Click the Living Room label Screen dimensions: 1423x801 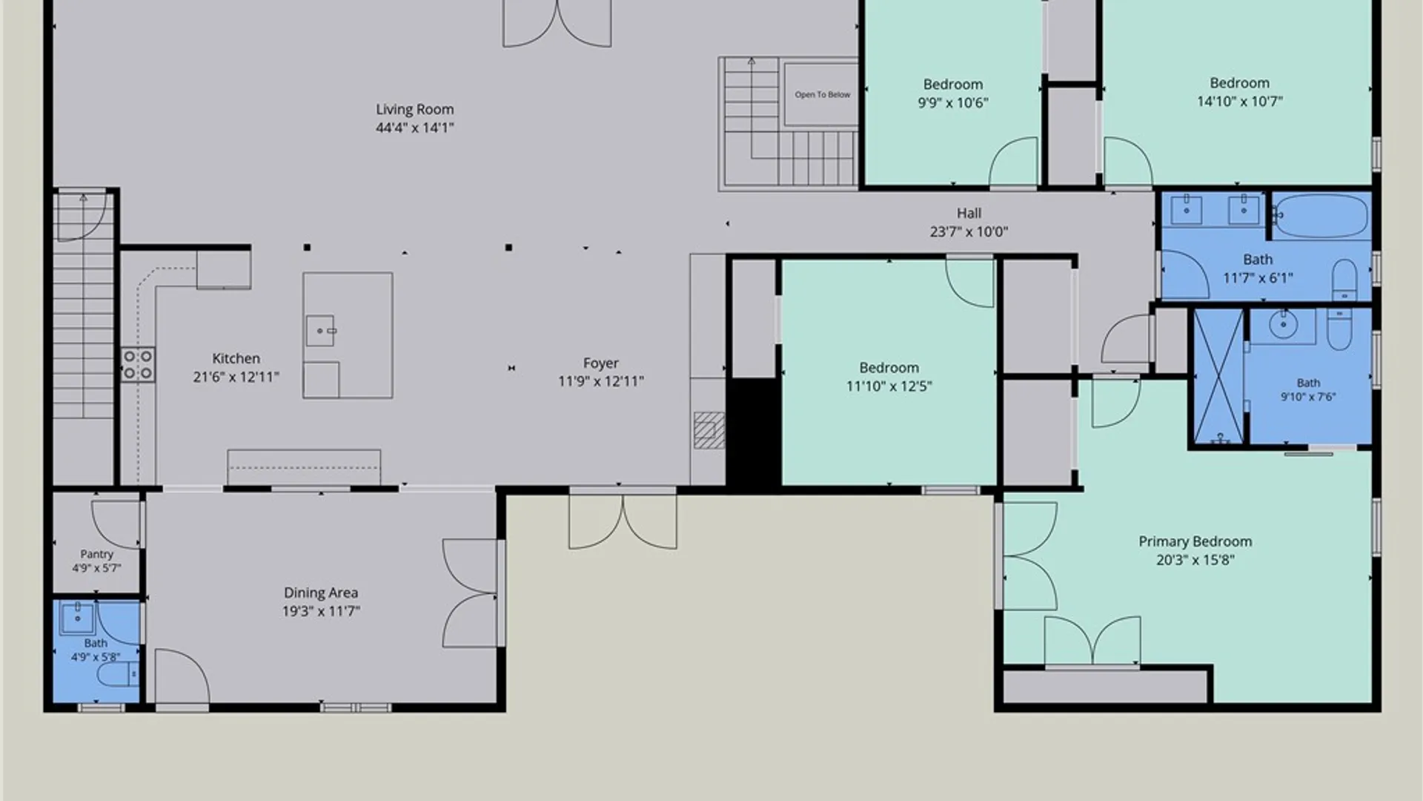414,109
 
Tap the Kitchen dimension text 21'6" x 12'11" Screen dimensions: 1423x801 236,377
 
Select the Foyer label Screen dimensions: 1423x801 600,363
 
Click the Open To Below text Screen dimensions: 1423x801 823,95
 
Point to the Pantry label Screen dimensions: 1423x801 96,554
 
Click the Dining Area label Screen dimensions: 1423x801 321,593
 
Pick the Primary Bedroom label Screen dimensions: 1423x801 1195,541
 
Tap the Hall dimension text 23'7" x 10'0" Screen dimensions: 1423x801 969,231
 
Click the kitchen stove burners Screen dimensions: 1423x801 139,364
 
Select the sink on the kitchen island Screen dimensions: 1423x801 320,331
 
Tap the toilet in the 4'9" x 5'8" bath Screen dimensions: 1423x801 118,674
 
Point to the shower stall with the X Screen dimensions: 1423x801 1218,378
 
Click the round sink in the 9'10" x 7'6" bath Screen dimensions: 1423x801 1283,323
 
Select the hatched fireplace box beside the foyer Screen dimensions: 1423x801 709,430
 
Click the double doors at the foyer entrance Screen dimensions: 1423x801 623,519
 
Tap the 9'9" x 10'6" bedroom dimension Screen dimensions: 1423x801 953,102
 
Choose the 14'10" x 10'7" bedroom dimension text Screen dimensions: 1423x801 1239,101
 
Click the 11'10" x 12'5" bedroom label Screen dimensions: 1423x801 889,368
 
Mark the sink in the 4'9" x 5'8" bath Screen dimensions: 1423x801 77,617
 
